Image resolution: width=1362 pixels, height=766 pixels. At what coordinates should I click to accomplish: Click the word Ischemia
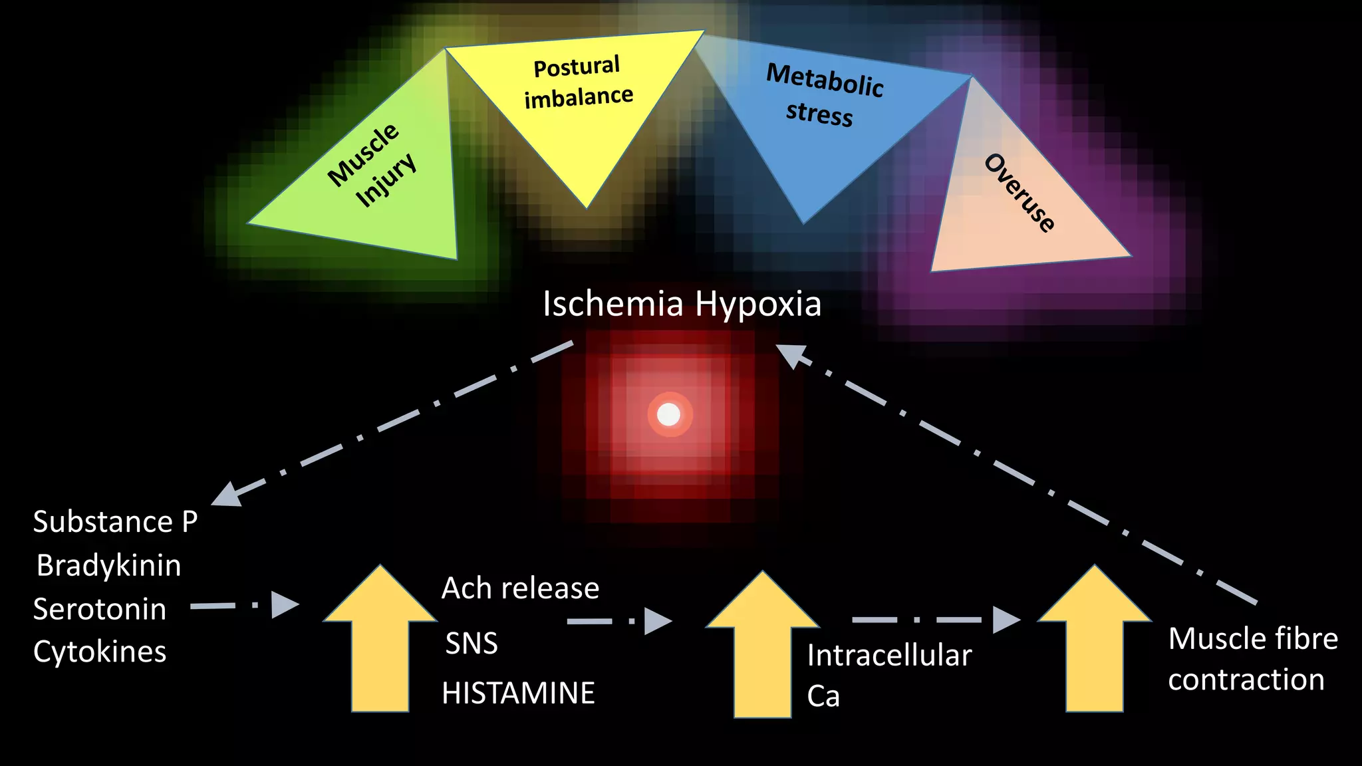click(x=613, y=304)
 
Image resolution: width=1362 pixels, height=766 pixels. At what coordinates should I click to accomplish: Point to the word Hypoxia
click(x=758, y=305)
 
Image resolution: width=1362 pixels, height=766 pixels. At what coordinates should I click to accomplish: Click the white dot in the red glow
click(x=668, y=415)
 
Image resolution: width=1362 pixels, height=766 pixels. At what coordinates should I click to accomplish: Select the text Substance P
click(x=115, y=522)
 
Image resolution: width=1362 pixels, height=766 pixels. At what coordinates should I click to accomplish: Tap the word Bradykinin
click(x=108, y=566)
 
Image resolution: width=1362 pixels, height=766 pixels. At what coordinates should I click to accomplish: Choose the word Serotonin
click(x=100, y=609)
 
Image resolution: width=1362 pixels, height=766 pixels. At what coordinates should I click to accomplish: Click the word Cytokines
click(x=100, y=652)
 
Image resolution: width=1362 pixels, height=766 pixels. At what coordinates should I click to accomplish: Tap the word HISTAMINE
click(x=518, y=693)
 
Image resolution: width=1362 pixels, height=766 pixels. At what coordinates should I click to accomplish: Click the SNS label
click(x=472, y=643)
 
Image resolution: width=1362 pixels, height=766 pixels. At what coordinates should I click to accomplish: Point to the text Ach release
click(x=520, y=588)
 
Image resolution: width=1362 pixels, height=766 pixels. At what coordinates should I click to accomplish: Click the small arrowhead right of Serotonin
click(x=284, y=605)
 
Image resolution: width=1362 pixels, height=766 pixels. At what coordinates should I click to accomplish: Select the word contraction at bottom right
click(x=1246, y=680)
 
